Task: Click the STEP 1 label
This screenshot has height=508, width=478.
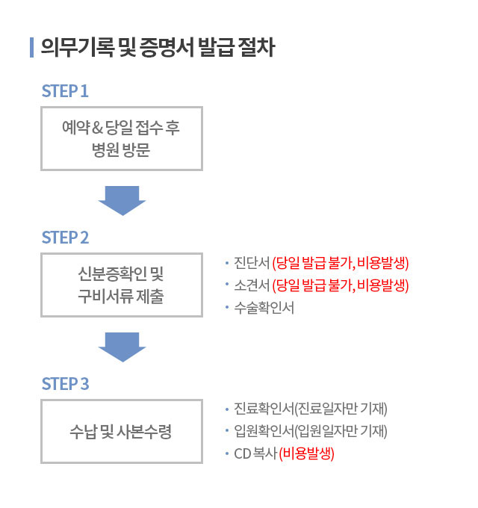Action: click(66, 91)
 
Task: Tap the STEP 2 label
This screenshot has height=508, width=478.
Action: click(66, 238)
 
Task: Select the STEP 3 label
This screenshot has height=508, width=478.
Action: click(66, 384)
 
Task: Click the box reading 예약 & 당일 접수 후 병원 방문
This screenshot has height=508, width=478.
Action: click(121, 138)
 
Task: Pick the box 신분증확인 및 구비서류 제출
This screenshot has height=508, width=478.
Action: click(121, 285)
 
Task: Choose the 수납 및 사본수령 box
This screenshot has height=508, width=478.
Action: click(121, 431)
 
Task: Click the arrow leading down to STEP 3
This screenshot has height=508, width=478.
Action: click(121, 346)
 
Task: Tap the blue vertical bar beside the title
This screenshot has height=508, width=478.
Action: click(31, 47)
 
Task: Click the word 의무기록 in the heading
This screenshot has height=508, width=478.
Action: click(68, 47)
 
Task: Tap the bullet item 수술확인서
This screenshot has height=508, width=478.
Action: click(264, 307)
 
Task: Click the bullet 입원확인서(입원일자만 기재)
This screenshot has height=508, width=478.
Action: click(311, 431)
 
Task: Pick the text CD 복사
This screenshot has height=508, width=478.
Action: click(255, 453)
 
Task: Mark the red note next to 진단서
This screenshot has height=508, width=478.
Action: click(341, 263)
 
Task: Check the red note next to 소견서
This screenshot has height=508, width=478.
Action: click(341, 285)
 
